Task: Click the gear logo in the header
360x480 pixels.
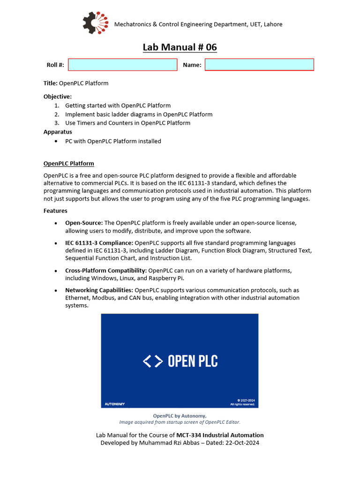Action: click(x=95, y=23)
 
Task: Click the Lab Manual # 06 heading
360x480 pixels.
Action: click(x=180, y=47)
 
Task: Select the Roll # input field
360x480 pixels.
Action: click(x=123, y=65)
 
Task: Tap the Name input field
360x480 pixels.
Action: click(x=259, y=65)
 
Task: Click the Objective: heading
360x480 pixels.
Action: click(x=58, y=97)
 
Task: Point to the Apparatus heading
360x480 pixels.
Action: click(x=58, y=132)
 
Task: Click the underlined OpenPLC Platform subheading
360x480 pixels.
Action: click(x=69, y=164)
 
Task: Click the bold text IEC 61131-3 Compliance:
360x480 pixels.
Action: click(x=99, y=243)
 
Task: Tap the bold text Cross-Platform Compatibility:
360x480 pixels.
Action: click(x=106, y=270)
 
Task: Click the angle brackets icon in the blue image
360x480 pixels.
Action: click(x=153, y=361)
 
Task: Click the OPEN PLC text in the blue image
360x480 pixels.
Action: click(x=193, y=361)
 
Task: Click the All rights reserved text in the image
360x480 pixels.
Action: click(x=242, y=404)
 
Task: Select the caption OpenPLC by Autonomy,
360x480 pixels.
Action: click(x=180, y=416)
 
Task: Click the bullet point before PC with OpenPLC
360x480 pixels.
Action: click(x=57, y=141)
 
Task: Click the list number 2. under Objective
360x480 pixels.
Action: click(x=56, y=114)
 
